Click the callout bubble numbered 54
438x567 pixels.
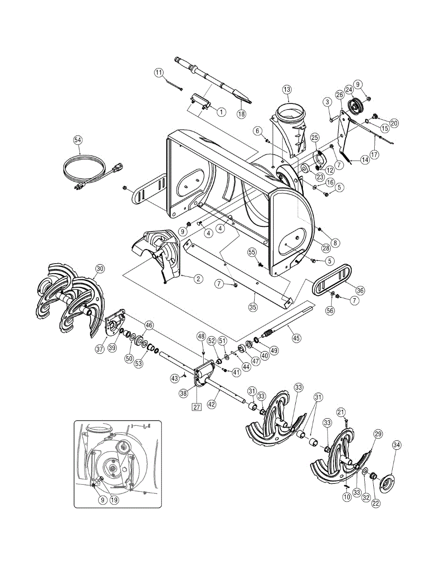pos(78,140)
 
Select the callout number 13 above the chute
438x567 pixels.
pos(287,89)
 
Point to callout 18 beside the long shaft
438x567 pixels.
pos(241,114)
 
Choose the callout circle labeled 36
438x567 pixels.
pos(360,291)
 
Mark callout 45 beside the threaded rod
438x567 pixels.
pos(296,338)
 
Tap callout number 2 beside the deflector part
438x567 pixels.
pos(198,279)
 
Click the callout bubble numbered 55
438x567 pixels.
pos(252,253)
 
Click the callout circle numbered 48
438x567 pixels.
pos(201,336)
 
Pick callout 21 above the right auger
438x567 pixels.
pos(342,412)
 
